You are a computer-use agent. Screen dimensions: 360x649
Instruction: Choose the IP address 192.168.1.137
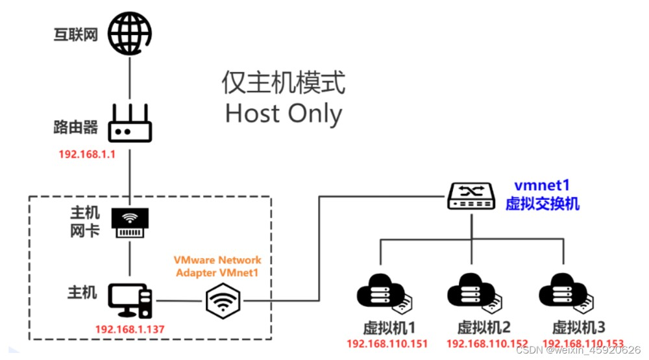(x=130, y=329)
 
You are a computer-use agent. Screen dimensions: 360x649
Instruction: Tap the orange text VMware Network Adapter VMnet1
(x=217, y=266)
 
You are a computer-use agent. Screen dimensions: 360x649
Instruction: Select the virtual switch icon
(x=472, y=195)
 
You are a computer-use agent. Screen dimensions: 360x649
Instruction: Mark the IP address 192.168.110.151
(x=388, y=344)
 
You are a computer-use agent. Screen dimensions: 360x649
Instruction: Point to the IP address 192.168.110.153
(x=583, y=344)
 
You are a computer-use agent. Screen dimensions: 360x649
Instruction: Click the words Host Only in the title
(x=283, y=114)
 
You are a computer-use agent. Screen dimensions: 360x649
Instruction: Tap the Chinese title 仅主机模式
(x=283, y=83)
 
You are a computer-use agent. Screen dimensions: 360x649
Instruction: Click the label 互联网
(x=75, y=34)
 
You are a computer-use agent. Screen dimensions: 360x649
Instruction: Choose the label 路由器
(x=75, y=127)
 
